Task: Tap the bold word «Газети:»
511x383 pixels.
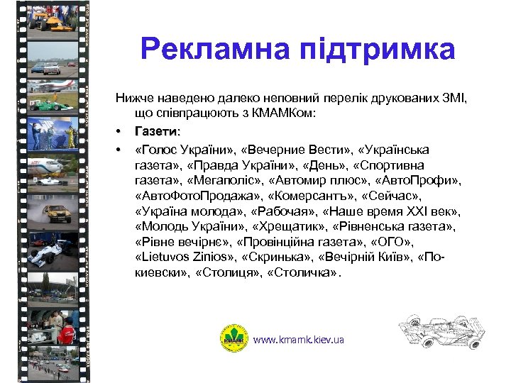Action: click(x=156, y=131)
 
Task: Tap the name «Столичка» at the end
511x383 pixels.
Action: click(x=307, y=273)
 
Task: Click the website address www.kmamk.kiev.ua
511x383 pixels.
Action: click(x=299, y=340)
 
